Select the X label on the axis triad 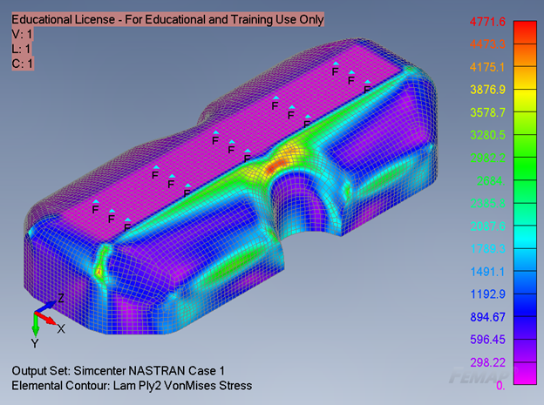[61, 329]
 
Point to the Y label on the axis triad [35, 343]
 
